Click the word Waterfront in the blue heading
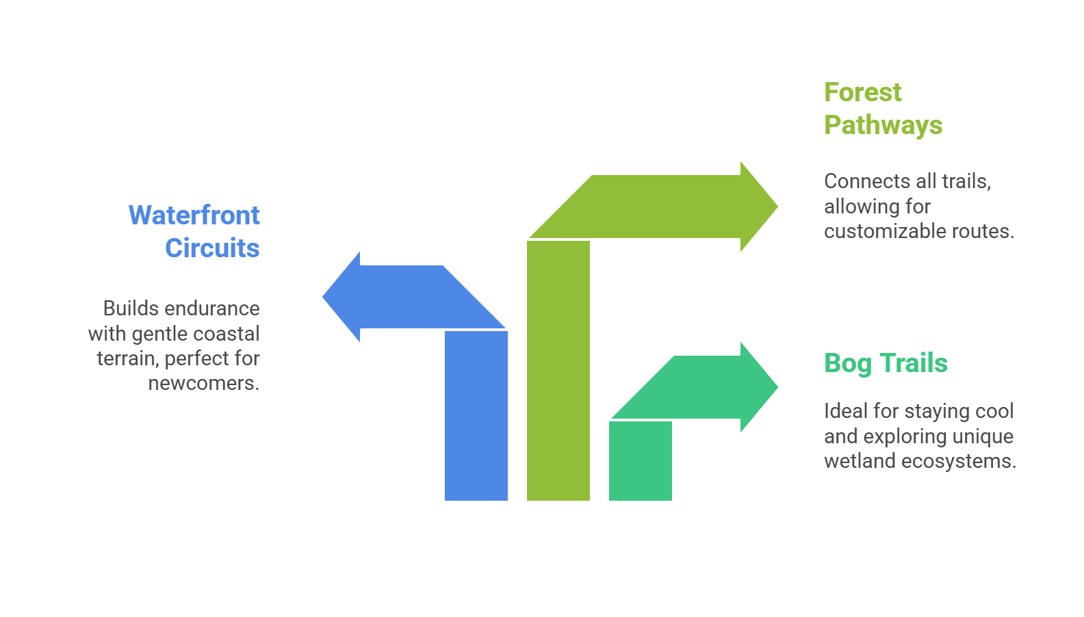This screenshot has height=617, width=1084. [194, 215]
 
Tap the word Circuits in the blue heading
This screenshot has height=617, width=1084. [212, 248]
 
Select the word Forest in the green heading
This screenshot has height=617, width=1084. [862, 92]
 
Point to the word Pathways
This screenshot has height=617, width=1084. [883, 125]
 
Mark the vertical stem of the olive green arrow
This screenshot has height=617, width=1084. [558, 369]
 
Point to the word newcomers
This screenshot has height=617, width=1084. [204, 383]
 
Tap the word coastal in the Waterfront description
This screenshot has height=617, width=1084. [226, 334]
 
